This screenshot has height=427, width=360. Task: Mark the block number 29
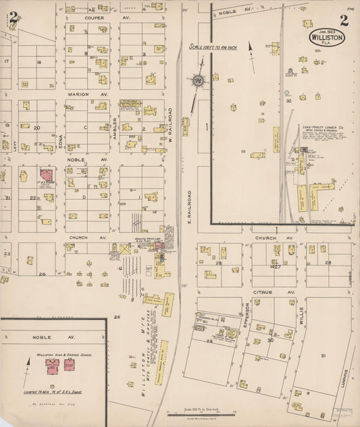pos(209,342)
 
